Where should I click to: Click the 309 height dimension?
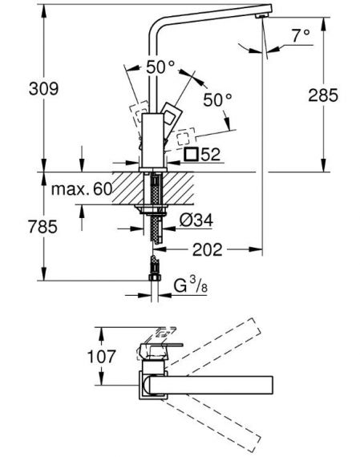[43, 89]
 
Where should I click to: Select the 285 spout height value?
[323, 95]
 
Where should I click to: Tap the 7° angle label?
[301, 36]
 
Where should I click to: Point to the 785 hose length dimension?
[42, 226]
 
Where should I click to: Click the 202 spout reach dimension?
[207, 250]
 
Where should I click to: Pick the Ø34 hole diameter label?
[196, 220]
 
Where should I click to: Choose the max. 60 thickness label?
[82, 189]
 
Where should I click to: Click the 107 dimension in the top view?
[102, 357]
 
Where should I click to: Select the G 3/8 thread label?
[191, 285]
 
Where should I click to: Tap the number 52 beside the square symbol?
[210, 155]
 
